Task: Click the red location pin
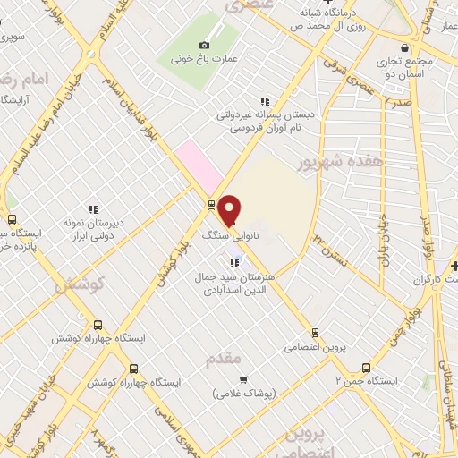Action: point(230,209)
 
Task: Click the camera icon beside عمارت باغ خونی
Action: point(205,45)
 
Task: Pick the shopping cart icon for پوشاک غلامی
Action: point(242,379)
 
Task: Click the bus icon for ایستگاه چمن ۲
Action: point(365,367)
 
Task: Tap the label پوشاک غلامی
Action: point(246,394)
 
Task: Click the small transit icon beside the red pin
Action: point(211,204)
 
